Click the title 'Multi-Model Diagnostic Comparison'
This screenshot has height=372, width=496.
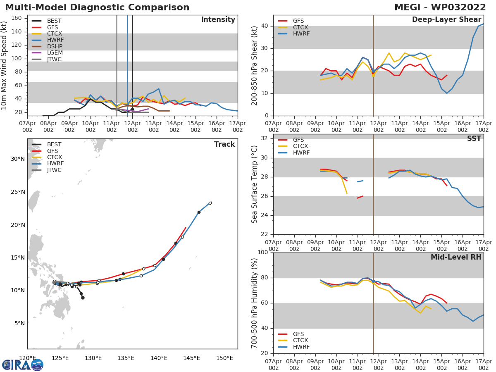(97, 7)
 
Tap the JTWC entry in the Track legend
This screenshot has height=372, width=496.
(54, 170)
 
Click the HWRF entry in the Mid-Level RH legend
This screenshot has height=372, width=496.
(301, 347)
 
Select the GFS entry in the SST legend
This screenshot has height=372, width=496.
(298, 140)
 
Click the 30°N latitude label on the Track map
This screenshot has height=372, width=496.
(17, 159)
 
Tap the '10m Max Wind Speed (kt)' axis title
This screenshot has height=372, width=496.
(5, 65)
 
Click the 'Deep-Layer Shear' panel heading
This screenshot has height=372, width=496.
(446, 20)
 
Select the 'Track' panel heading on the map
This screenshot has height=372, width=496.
(224, 144)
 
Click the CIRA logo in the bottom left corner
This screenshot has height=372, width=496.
(23, 365)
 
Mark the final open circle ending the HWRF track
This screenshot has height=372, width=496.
(210, 203)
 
